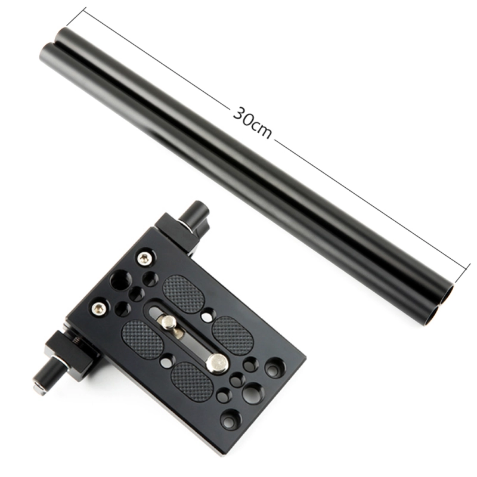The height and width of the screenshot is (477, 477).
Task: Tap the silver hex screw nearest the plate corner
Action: (143, 257)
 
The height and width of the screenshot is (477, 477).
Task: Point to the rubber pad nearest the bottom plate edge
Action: (192, 380)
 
